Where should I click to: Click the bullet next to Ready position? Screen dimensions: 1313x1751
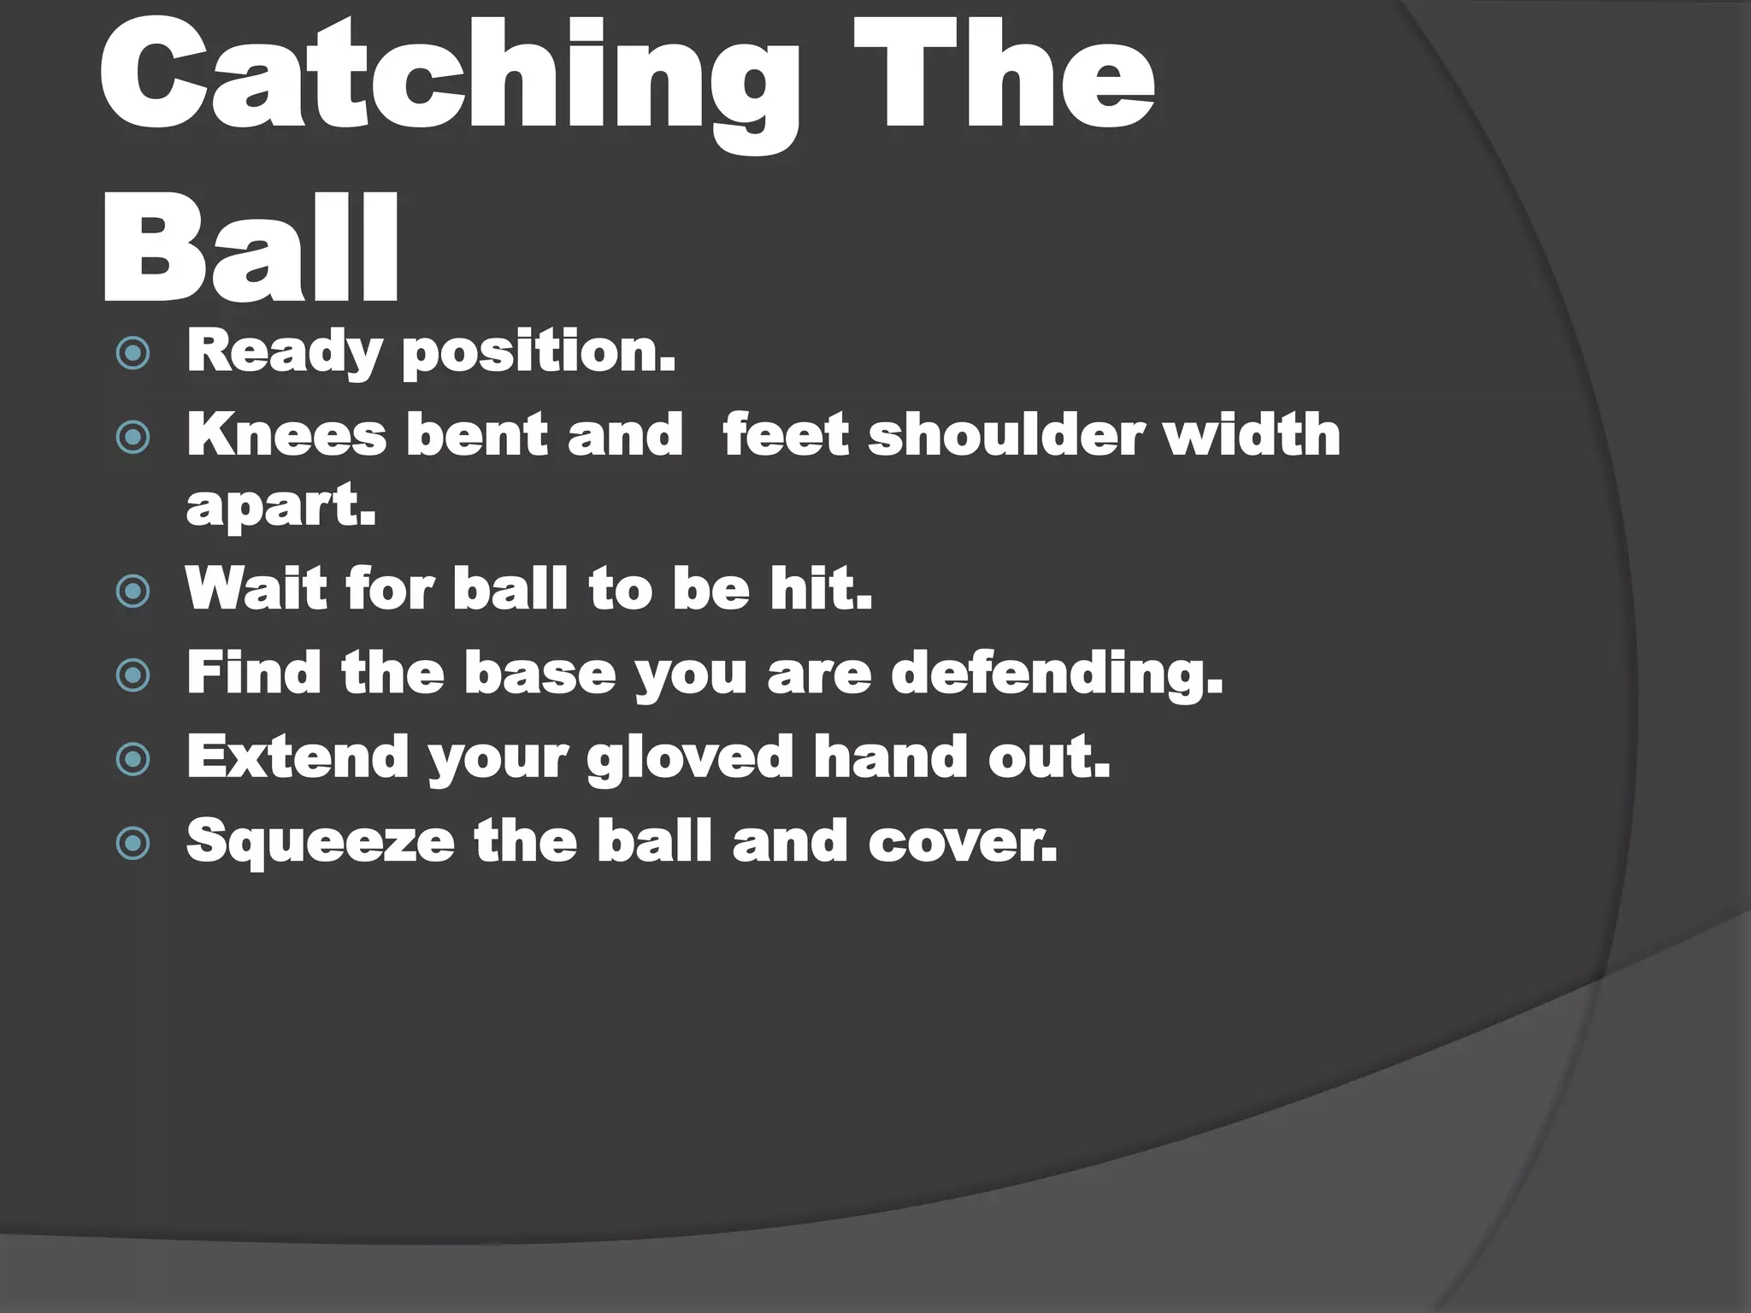pyautogui.click(x=133, y=354)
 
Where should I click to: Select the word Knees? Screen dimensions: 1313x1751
pyautogui.click(x=286, y=435)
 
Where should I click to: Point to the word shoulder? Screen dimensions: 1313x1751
pyautogui.click(x=1005, y=435)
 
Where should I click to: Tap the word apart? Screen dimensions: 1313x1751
pyautogui.click(x=280, y=507)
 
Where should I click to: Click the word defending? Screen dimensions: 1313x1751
pyautogui.click(x=1057, y=674)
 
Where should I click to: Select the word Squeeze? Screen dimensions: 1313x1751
pyautogui.click(x=320, y=843)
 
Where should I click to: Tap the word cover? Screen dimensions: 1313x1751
pyautogui.click(x=963, y=842)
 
